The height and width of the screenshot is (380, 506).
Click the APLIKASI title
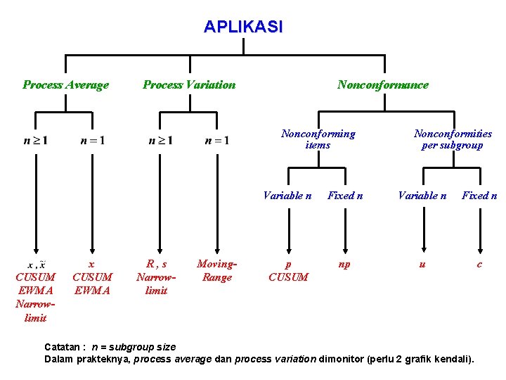[243, 27]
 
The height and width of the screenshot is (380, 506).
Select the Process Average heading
[65, 85]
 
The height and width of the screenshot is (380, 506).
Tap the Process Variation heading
[189, 85]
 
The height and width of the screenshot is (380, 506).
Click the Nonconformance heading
[382, 85]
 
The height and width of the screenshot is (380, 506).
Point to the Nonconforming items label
[318, 139]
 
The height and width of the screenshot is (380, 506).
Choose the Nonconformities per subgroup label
[453, 139]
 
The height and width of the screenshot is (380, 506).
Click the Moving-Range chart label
[216, 271]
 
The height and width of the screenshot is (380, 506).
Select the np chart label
[344, 265]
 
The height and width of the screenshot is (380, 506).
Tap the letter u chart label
[422, 265]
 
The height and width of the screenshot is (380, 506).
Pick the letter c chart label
[479, 265]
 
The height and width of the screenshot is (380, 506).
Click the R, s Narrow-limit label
[156, 277]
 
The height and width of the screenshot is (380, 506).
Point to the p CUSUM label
[288, 271]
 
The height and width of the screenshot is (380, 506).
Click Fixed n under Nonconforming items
[345, 196]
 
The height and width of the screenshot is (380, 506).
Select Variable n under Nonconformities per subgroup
[422, 196]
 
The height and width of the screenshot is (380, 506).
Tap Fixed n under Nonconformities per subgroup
[479, 196]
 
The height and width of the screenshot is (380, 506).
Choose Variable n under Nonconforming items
[287, 196]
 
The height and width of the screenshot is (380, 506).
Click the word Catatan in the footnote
[63, 347]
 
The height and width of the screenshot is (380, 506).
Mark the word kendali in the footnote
[453, 360]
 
